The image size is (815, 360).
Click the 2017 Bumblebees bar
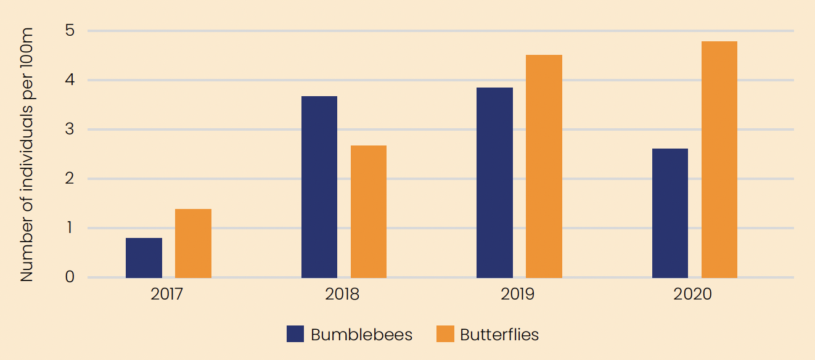click(144, 258)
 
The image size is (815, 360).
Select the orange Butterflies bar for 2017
click(193, 243)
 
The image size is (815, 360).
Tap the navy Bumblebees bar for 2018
click(319, 187)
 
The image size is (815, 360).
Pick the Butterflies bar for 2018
click(369, 211)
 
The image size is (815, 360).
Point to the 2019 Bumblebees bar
click(495, 182)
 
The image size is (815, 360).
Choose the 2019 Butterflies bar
click(544, 166)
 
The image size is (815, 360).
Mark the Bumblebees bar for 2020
click(670, 213)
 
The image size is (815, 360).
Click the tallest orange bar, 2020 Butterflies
click(719, 160)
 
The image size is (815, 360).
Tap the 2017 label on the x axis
click(167, 294)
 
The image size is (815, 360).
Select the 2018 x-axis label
click(342, 294)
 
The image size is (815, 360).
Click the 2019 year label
click(518, 294)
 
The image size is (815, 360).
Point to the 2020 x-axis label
click(693, 294)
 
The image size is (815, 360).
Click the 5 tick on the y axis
click(70, 30)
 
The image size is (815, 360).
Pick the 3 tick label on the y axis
click(70, 129)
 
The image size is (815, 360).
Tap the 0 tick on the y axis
click(70, 277)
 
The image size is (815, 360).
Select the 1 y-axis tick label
click(70, 228)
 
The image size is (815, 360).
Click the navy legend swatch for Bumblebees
click(295, 334)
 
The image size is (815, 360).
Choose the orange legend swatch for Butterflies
click(445, 334)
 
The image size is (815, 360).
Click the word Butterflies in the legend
click(499, 335)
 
